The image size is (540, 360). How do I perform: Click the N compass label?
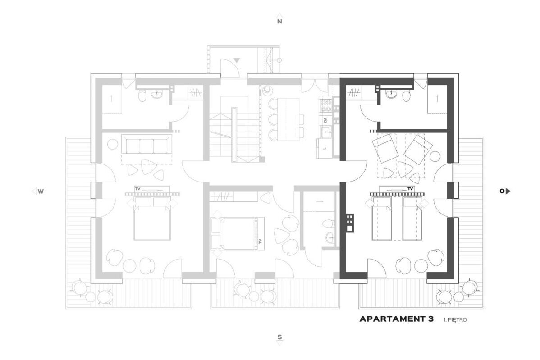point(279,21)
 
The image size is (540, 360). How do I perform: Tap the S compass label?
point(279,337)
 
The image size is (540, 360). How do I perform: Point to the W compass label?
point(41,191)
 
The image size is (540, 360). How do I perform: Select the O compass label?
point(502,191)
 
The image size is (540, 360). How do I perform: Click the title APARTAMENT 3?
point(396,319)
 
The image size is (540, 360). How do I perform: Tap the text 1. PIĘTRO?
point(455,320)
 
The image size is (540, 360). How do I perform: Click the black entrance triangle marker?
point(236,60)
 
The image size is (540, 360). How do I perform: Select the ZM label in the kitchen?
point(325,120)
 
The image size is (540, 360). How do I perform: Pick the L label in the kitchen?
point(325,148)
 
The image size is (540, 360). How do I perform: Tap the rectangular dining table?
point(288,119)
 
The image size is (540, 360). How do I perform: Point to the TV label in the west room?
point(138,189)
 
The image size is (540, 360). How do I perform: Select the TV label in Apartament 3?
point(410,189)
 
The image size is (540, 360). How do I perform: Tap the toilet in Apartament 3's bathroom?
point(407,96)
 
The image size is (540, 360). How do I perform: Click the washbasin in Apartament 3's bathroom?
point(392,94)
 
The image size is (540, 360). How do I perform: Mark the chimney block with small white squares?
point(349,222)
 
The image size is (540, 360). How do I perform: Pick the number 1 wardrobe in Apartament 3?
point(437,99)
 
